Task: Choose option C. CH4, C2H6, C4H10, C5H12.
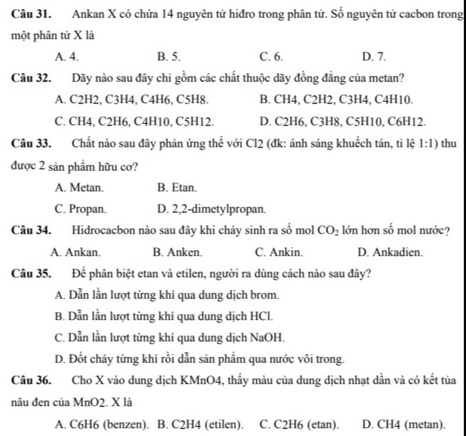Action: pos(134,121)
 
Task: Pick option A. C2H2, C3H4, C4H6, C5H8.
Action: pos(132,99)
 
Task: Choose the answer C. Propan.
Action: pos(81,209)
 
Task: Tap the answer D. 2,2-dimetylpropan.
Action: pos(211,209)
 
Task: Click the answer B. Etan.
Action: pos(177,187)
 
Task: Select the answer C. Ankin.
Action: pos(279,252)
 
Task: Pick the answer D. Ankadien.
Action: pos(390,252)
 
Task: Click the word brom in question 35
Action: pos(266,295)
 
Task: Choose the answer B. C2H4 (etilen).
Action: pos(200,425)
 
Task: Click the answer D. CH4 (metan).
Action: pos(404,425)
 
